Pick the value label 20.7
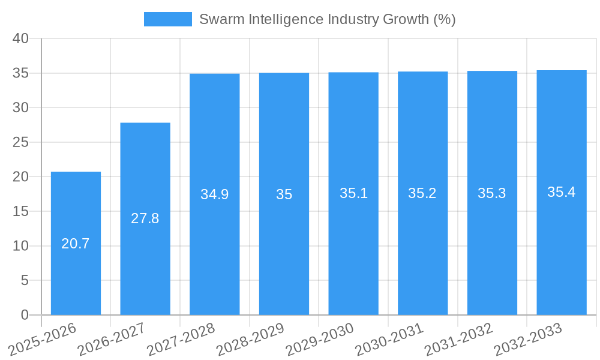click(x=76, y=244)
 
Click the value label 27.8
click(x=145, y=218)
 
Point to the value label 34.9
click(x=214, y=194)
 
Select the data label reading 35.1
click(x=353, y=193)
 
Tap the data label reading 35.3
click(x=492, y=193)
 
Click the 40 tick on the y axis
click(x=21, y=38)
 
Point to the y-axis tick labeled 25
click(x=21, y=142)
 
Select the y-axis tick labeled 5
click(x=25, y=280)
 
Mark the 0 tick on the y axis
click(x=25, y=315)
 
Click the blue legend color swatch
click(x=167, y=19)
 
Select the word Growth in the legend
click(x=406, y=19)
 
